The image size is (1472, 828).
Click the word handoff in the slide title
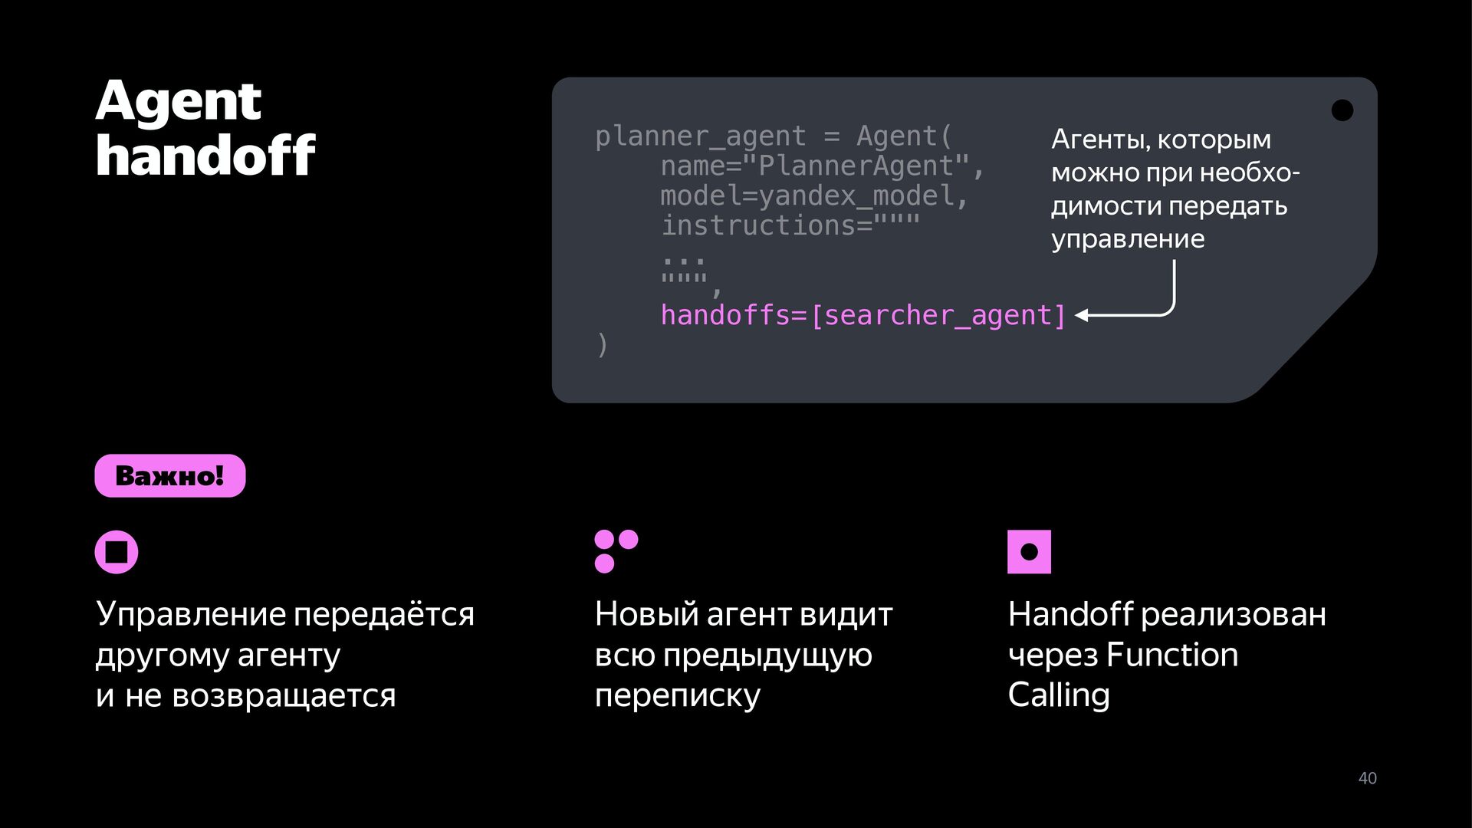coord(205,155)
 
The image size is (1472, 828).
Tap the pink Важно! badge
coord(170,475)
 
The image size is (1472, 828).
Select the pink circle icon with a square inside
coord(117,552)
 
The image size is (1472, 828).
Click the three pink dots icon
coord(616,551)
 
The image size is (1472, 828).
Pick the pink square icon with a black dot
coord(1029,552)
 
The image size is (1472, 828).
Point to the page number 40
coord(1368,778)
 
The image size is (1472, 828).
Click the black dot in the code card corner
coord(1342,110)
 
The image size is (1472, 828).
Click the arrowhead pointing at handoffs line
coord(1082,315)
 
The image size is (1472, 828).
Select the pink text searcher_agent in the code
coord(937,316)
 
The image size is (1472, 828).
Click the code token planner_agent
coord(700,136)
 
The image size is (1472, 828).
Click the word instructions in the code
coord(758,225)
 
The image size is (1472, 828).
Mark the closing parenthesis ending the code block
coord(603,345)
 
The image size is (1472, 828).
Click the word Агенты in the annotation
coord(1101,140)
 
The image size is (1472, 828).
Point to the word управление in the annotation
coord(1128,239)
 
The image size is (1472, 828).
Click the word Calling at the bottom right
coord(1059,695)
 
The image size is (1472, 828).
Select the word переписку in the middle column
coord(678,696)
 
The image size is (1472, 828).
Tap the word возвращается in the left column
coord(284,696)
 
